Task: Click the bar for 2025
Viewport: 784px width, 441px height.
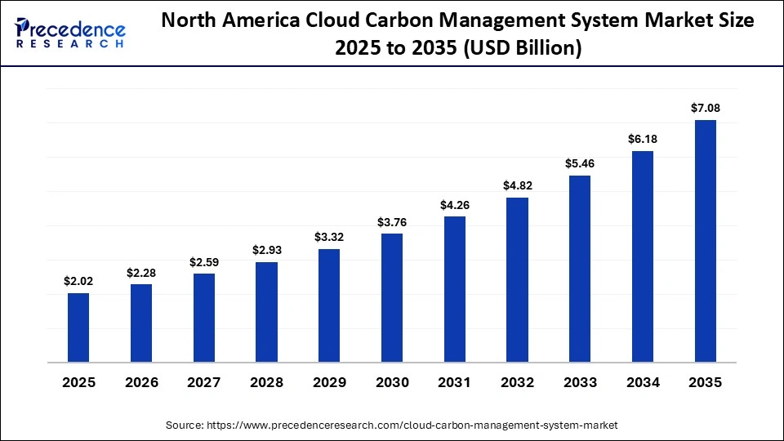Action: pos(78,327)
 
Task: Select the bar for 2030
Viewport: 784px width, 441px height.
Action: pos(392,297)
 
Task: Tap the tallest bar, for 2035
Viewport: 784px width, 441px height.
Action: pos(705,241)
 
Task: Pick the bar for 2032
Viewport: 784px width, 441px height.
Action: pos(517,279)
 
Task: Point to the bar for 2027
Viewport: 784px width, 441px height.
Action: pos(204,317)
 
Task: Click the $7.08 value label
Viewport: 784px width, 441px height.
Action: pos(706,108)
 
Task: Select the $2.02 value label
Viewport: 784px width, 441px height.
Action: pos(78,281)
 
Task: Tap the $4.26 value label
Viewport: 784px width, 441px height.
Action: pos(455,204)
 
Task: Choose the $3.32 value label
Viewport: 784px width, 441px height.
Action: pos(329,237)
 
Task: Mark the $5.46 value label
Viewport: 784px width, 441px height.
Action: pos(580,163)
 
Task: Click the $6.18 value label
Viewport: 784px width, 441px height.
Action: pos(643,139)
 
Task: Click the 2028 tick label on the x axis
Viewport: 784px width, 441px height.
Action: pos(266,382)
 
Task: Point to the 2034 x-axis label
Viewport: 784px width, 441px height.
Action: pos(643,382)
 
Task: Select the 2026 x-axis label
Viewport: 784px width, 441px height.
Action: pos(141,382)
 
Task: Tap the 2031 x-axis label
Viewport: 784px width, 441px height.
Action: pos(455,382)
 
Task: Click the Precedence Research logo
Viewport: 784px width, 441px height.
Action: pos(70,33)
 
